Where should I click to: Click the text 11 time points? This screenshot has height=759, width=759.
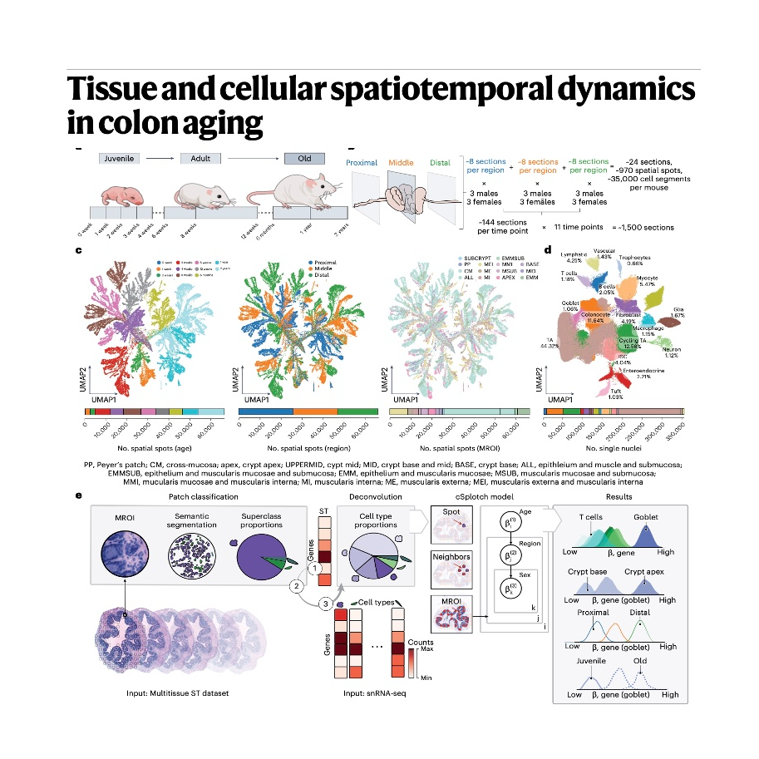[583, 227]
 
